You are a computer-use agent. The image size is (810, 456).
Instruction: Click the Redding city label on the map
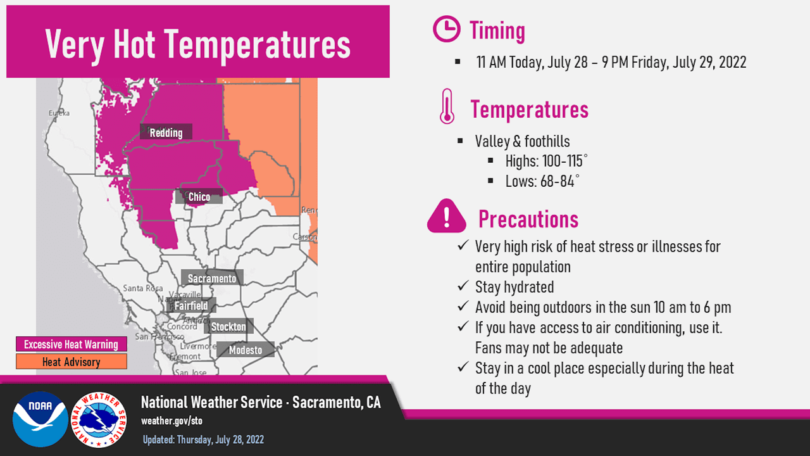pyautogui.click(x=166, y=132)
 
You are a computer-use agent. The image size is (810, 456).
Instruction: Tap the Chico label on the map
pyautogui.click(x=199, y=197)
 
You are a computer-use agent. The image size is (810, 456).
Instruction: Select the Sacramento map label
pyautogui.click(x=212, y=279)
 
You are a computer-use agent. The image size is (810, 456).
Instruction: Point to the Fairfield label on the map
pyautogui.click(x=191, y=306)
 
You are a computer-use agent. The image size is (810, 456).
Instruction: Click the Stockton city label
pyautogui.click(x=228, y=327)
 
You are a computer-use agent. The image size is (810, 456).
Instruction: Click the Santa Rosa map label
pyautogui.click(x=143, y=288)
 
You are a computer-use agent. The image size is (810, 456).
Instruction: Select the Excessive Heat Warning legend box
pyautogui.click(x=71, y=345)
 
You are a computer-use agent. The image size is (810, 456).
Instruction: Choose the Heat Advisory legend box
pyautogui.click(x=71, y=362)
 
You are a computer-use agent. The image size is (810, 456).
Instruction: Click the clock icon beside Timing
pyautogui.click(x=446, y=30)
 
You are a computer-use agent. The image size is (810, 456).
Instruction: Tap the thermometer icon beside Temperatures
pyautogui.click(x=447, y=106)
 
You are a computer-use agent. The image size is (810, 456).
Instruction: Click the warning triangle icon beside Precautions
pyautogui.click(x=447, y=216)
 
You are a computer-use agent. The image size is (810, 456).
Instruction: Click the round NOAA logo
pyautogui.click(x=40, y=419)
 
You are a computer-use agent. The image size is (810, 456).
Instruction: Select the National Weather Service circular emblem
pyautogui.click(x=98, y=419)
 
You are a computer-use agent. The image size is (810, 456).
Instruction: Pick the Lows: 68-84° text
pyautogui.click(x=542, y=181)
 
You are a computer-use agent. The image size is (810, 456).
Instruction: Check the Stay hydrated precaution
pyautogui.click(x=514, y=287)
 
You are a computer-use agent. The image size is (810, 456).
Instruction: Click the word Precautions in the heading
pyautogui.click(x=528, y=219)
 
